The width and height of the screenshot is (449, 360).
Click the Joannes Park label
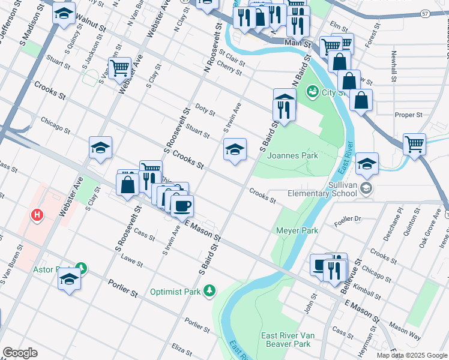(292, 155)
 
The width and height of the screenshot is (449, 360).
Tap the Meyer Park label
(297, 230)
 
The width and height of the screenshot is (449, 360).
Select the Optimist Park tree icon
(209, 291)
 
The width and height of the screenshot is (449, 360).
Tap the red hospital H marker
(38, 214)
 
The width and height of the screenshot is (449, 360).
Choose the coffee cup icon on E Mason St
(182, 206)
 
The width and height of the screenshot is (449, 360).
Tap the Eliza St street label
(181, 347)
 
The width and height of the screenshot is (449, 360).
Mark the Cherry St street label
(229, 68)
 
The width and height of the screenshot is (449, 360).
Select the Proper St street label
(409, 115)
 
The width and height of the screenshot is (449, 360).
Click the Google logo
(20, 353)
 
